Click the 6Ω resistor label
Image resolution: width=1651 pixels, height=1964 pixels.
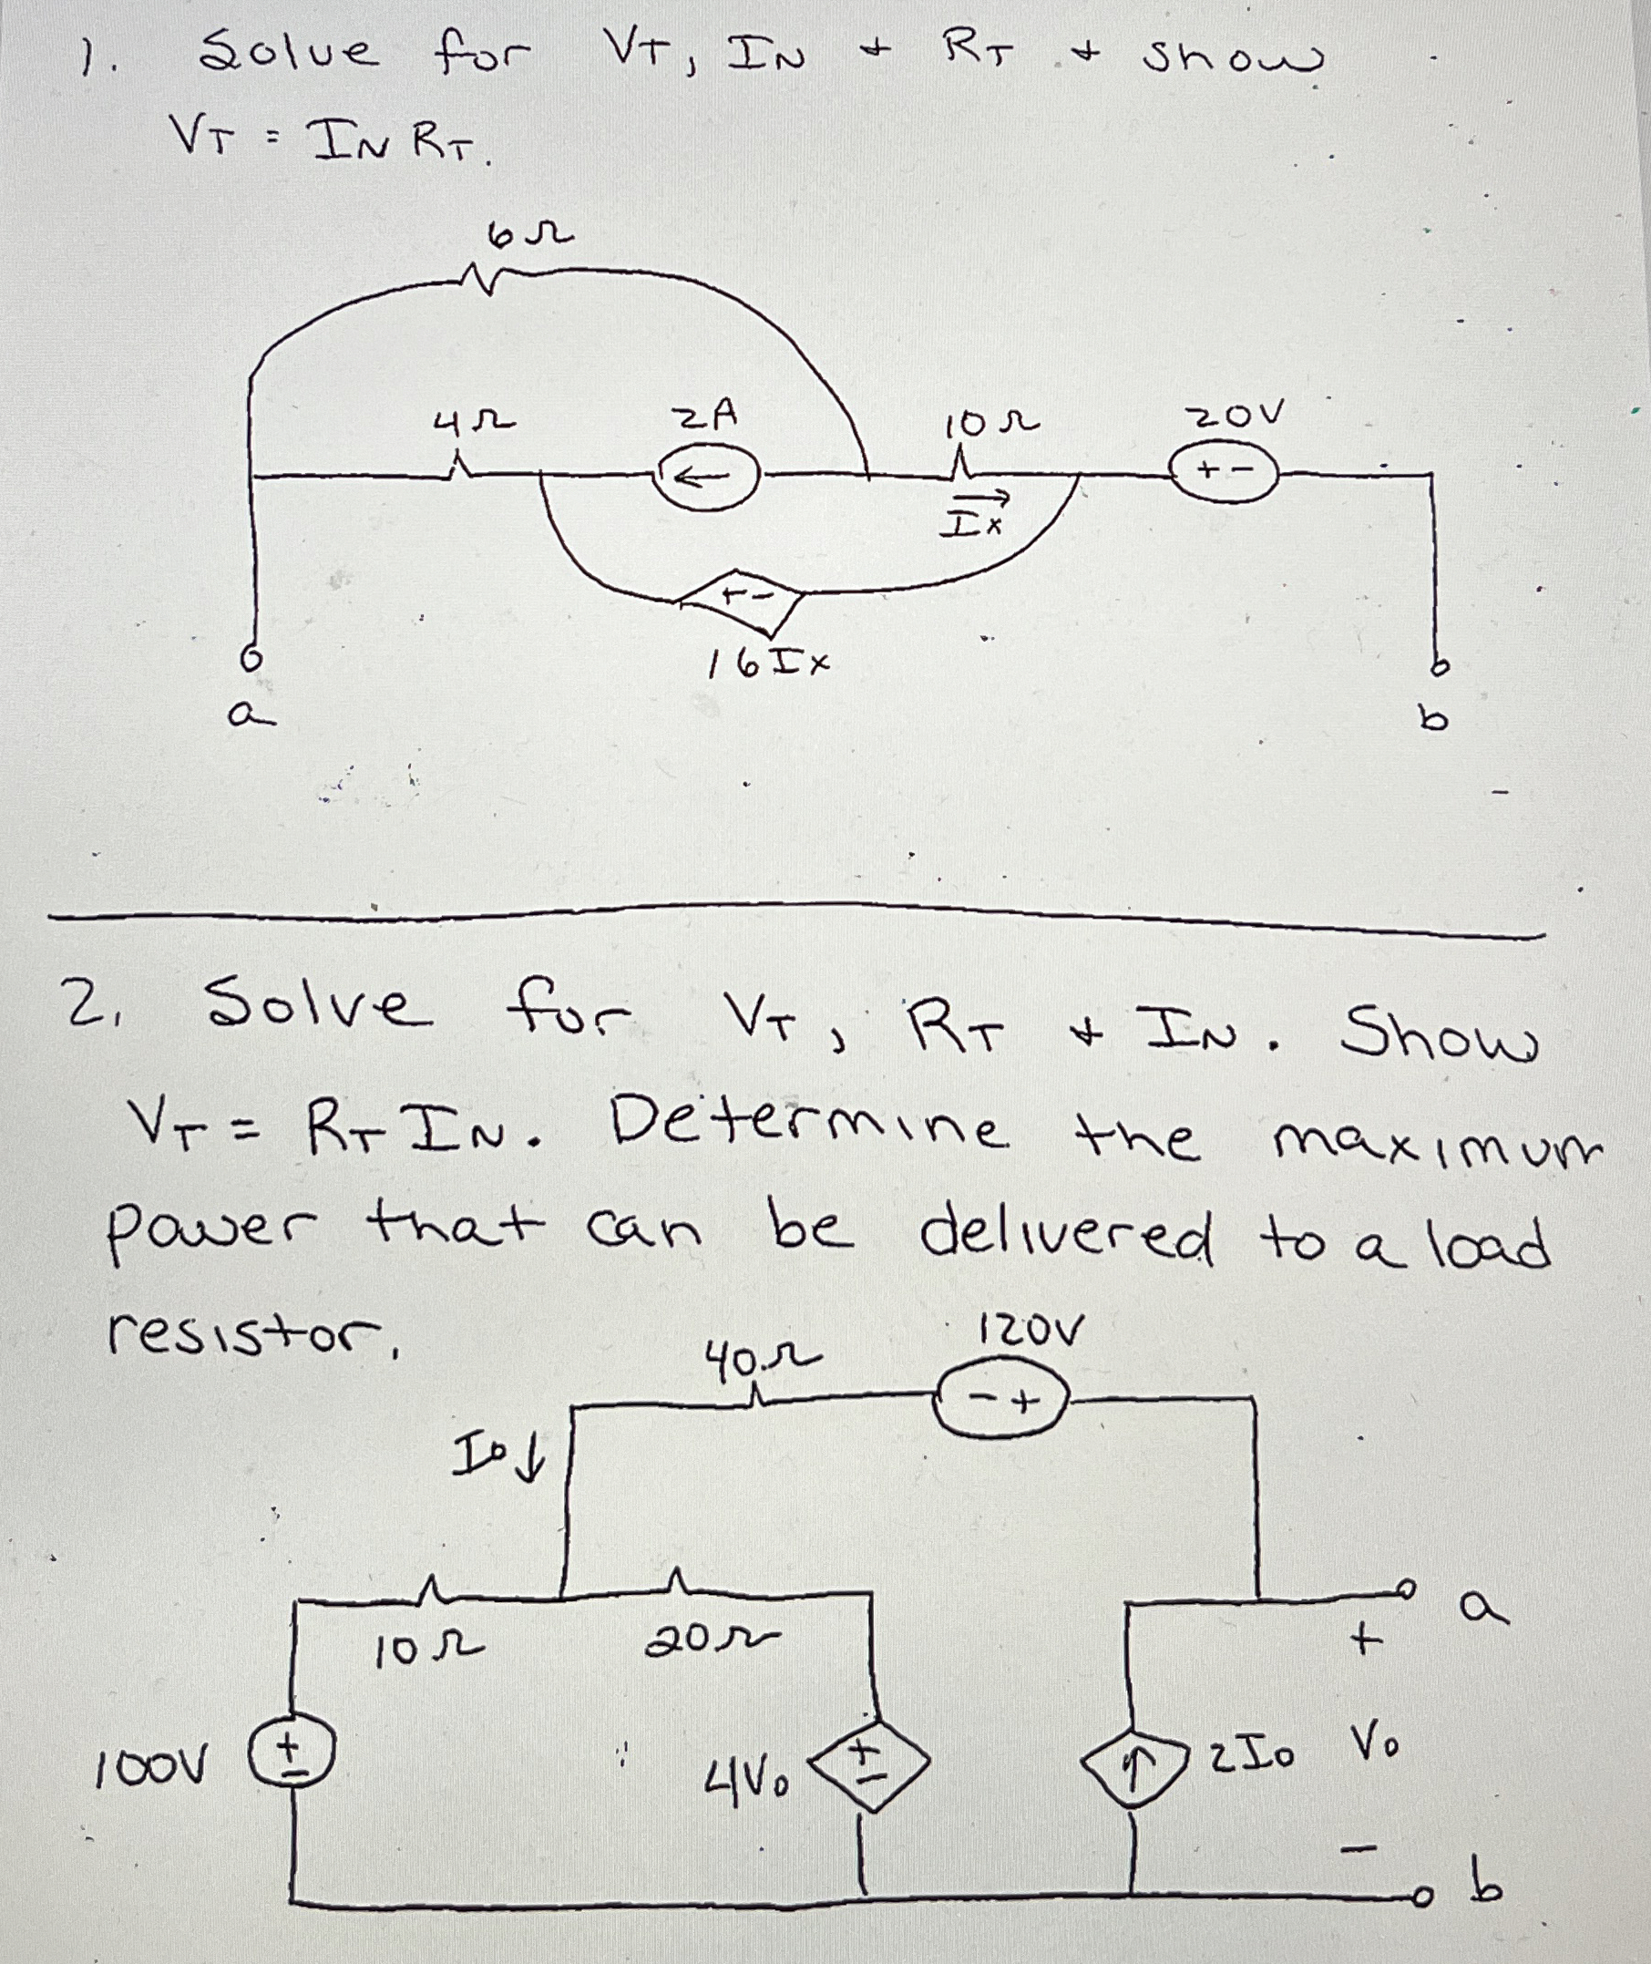[x=529, y=234]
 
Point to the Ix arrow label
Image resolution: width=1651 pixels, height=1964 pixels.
[x=975, y=514]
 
